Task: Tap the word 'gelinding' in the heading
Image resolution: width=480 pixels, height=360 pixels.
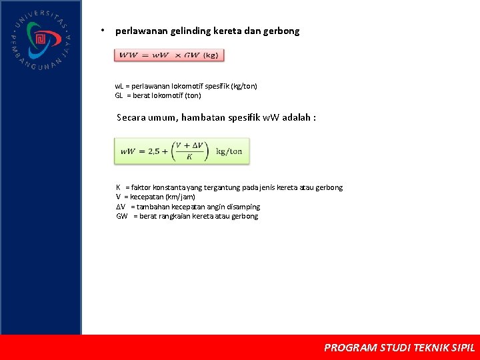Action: click(x=191, y=31)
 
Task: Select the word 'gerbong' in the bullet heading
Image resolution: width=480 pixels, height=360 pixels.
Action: click(x=283, y=31)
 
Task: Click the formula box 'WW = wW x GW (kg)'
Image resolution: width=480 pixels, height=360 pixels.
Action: click(x=169, y=55)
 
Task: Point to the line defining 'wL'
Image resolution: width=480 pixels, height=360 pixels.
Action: click(x=186, y=86)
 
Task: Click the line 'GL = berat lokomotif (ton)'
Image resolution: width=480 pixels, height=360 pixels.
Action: click(x=158, y=95)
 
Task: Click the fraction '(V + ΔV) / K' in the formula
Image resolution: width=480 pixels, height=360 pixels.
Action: click(x=191, y=151)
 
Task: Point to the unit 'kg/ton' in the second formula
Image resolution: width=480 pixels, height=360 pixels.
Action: click(x=229, y=151)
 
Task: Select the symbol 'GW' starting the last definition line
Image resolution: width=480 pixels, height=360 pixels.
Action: click(x=122, y=216)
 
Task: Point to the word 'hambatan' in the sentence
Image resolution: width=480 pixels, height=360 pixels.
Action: click(x=201, y=117)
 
